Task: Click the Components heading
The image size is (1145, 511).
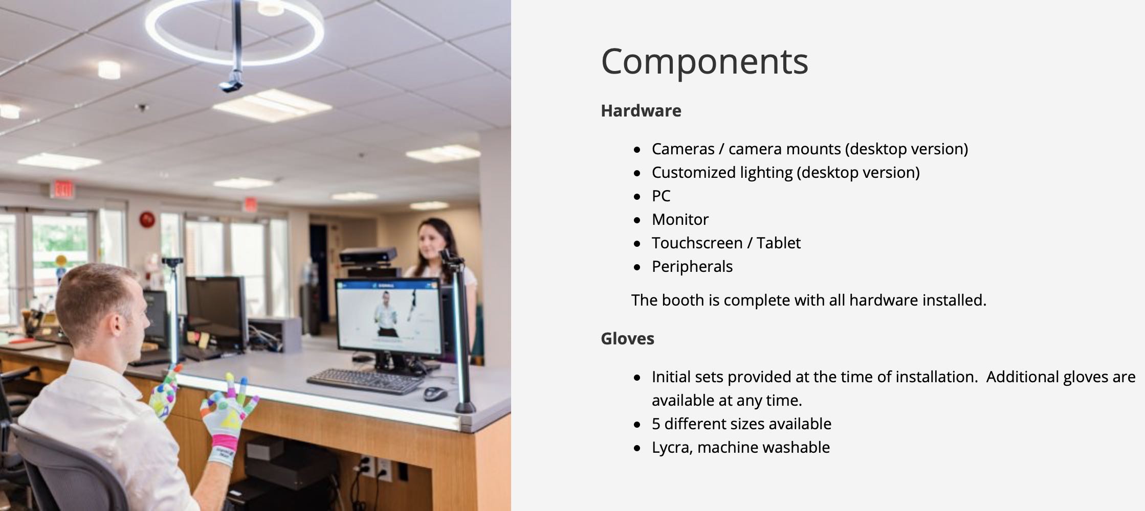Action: coord(704,62)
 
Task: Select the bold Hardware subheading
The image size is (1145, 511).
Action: coord(641,110)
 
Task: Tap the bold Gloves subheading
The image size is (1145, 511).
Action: coord(627,338)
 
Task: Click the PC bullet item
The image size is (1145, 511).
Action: coord(660,196)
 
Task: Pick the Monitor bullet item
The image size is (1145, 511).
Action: coord(680,219)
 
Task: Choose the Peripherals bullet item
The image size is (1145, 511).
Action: coord(692,266)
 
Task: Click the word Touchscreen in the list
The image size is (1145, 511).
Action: coord(697,243)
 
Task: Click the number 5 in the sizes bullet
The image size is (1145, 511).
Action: coord(656,424)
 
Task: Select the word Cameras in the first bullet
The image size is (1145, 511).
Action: coord(683,149)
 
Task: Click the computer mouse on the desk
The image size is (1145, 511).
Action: coord(435,393)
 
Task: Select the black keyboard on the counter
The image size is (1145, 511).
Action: coord(365,381)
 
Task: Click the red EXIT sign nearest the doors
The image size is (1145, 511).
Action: coord(63,190)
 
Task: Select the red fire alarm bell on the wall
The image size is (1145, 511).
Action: coord(147,220)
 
